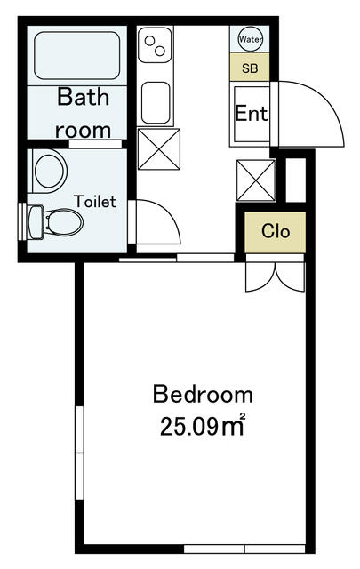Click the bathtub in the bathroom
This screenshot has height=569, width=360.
(77, 55)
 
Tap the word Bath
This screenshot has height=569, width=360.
(83, 97)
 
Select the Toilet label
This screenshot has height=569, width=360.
(95, 202)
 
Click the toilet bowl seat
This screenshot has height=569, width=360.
(64, 221)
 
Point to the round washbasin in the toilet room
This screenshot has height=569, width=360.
(50, 171)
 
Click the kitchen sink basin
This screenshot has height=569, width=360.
(156, 103)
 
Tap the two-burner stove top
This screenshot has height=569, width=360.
(155, 44)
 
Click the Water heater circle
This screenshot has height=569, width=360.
(250, 39)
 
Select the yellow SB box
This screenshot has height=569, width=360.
(250, 68)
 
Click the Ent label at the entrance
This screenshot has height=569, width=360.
(252, 113)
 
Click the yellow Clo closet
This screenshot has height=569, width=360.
(276, 232)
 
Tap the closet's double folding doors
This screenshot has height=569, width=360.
(276, 276)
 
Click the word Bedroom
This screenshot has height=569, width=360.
(203, 395)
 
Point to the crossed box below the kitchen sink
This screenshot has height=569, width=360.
(159, 148)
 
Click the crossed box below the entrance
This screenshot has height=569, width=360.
(256, 180)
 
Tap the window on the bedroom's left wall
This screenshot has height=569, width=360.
(79, 453)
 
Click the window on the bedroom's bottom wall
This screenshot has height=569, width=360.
(244, 549)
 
